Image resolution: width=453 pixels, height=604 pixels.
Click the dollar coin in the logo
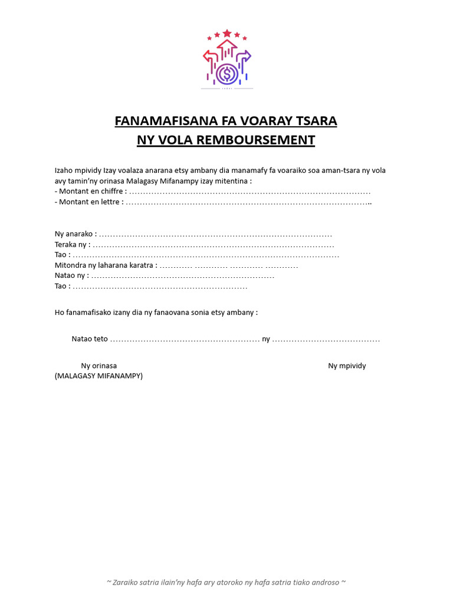[226, 74]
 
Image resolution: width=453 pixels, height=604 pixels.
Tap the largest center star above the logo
[227, 34]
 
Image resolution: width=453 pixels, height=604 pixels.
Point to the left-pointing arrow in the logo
[210, 57]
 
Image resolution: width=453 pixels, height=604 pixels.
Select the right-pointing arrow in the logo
[244, 57]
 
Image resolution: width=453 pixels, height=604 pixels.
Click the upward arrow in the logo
[227, 47]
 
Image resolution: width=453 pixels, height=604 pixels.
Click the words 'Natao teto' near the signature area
[90, 339]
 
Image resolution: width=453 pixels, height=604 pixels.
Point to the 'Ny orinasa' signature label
[99, 366]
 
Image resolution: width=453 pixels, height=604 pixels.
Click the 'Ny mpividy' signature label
[347, 366]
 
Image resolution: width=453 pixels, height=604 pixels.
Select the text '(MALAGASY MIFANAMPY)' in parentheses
[99, 376]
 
